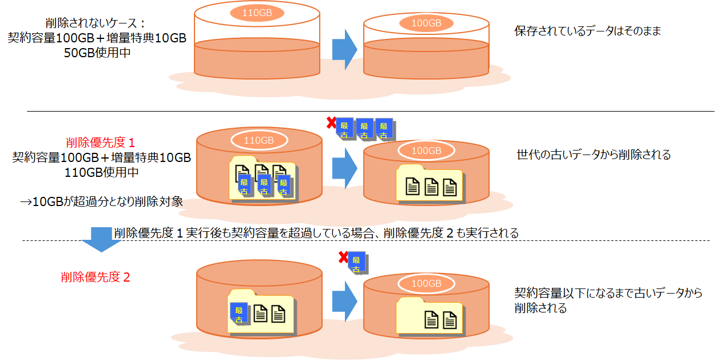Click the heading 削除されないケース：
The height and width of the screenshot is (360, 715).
(x=96, y=24)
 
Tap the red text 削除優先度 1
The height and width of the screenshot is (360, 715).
(x=100, y=143)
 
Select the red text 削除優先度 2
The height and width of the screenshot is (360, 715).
(x=96, y=278)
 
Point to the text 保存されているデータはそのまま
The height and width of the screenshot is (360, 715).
(x=587, y=31)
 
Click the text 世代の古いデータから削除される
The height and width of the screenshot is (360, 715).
(x=593, y=155)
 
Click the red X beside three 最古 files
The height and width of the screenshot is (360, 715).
(x=331, y=122)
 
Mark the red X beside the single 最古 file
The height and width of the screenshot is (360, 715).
(x=343, y=258)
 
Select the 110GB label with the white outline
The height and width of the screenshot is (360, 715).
(x=259, y=140)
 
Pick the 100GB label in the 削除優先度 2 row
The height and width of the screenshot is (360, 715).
(x=426, y=284)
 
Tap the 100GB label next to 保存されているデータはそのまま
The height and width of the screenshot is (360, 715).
(x=426, y=23)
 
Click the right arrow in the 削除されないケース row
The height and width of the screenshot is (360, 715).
(x=344, y=49)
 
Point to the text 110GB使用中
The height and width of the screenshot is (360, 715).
(x=101, y=172)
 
